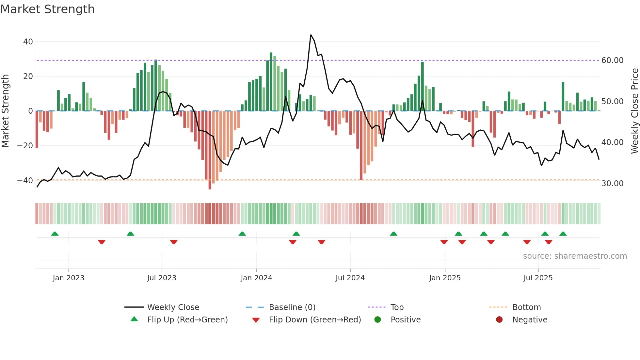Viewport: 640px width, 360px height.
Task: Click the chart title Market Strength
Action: [47, 9]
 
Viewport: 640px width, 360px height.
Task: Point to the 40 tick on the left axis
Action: [28, 42]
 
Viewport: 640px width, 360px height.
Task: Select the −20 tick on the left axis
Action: [25, 146]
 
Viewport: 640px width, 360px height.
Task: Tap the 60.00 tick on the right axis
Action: [612, 60]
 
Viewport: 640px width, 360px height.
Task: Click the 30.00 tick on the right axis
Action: [612, 184]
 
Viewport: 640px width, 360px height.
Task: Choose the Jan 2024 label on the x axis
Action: [256, 278]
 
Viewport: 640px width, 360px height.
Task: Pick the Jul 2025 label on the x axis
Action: [538, 278]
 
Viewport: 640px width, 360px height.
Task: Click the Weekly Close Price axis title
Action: [634, 111]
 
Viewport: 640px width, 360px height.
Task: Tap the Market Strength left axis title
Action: [6, 111]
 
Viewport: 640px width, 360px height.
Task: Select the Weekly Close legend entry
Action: [173, 307]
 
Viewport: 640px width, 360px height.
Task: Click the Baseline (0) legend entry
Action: [292, 307]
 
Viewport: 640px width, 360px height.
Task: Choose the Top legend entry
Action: [397, 307]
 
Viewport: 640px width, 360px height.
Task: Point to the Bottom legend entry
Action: [526, 307]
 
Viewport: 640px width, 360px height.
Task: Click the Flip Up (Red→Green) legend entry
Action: [187, 320]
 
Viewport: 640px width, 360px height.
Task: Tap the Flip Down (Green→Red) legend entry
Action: [315, 320]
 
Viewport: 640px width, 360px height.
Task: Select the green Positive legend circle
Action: [378, 320]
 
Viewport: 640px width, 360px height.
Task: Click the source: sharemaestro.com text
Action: [575, 256]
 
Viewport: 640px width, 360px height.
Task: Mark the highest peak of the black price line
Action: [311, 35]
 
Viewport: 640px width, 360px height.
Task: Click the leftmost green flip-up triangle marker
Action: [55, 234]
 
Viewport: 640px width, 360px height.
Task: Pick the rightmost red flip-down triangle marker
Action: [549, 242]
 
